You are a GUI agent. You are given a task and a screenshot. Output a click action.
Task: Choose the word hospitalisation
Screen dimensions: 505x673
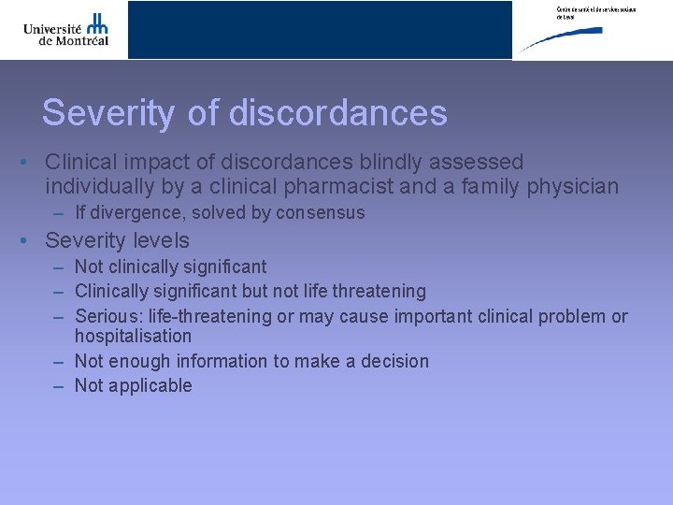click(133, 336)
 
